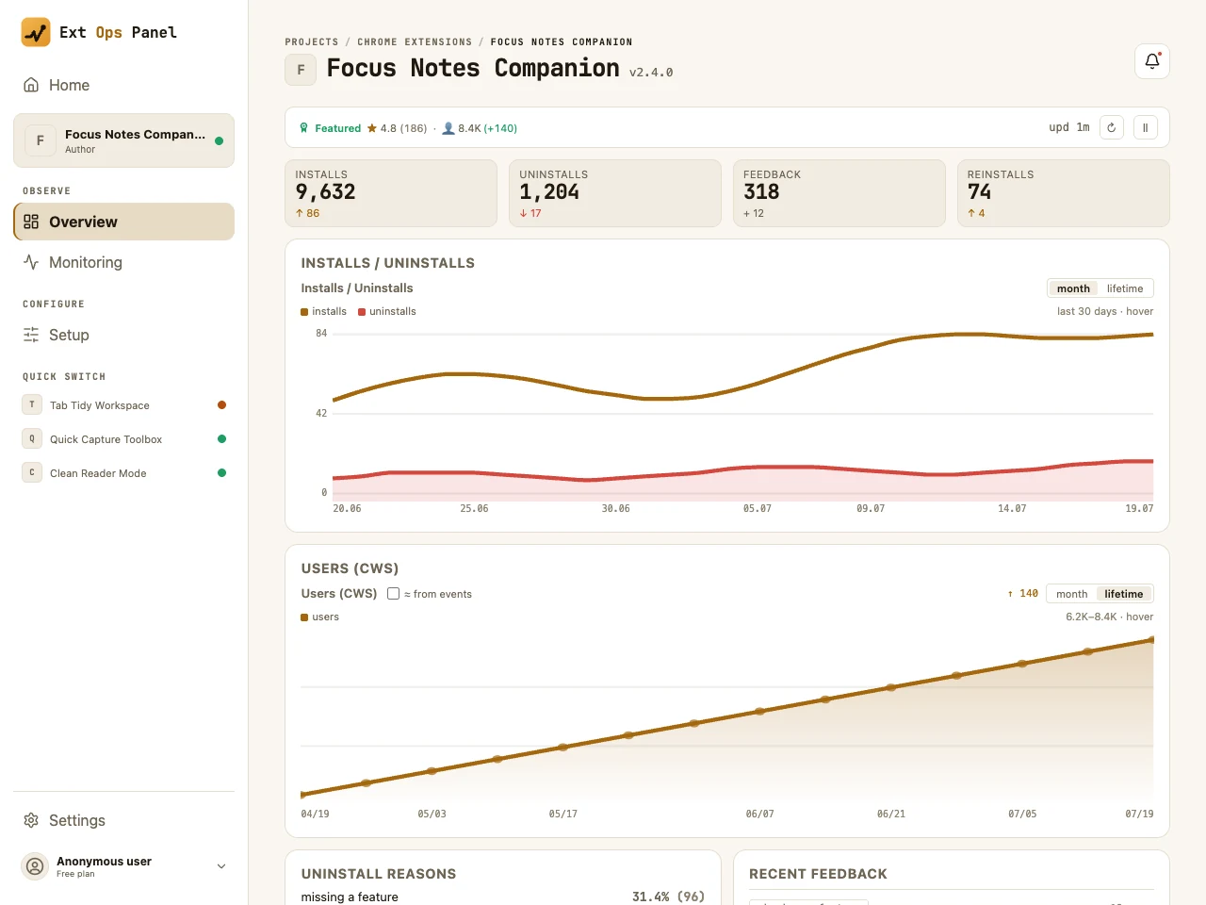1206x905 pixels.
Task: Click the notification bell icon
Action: (x=1151, y=61)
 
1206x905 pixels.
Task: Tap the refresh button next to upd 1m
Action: (x=1111, y=127)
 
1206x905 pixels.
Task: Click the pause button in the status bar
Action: (x=1145, y=127)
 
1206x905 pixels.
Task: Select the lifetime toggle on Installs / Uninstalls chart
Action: (x=1124, y=288)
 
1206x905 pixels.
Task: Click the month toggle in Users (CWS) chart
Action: (x=1071, y=594)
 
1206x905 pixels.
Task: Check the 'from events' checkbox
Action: (x=393, y=594)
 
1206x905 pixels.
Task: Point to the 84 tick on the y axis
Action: (x=321, y=333)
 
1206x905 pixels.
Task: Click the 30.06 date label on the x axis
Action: (x=615, y=508)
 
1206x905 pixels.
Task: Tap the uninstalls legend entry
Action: (x=387, y=311)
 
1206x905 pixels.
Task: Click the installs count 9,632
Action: (x=325, y=191)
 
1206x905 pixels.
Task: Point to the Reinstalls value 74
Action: (x=979, y=191)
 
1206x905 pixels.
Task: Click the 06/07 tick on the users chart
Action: (x=759, y=814)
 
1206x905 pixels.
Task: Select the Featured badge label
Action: (x=337, y=128)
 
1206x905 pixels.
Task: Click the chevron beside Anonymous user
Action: (x=220, y=866)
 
